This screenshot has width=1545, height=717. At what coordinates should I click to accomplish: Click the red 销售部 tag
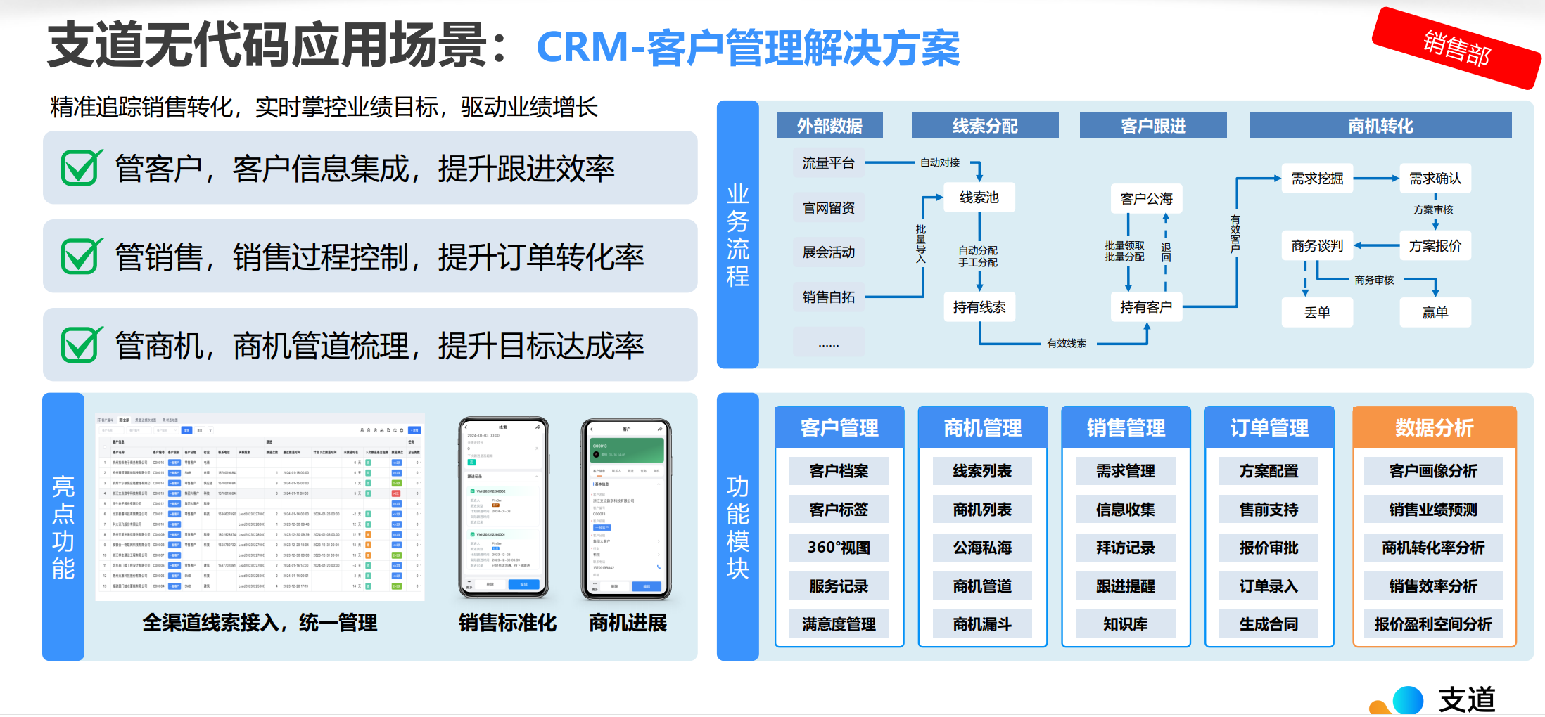(1456, 48)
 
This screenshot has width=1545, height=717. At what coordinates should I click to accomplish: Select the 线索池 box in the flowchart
(979, 198)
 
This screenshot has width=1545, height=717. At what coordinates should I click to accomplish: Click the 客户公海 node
(1146, 199)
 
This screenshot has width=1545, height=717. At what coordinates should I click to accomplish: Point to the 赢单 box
(1435, 313)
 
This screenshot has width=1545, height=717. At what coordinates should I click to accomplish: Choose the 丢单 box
(1317, 313)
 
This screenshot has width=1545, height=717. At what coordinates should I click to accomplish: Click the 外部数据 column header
(829, 126)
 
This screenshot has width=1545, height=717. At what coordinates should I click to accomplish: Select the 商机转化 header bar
(1380, 126)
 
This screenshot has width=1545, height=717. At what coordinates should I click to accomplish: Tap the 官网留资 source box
(828, 208)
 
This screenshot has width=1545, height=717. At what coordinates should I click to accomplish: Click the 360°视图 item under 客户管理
(839, 548)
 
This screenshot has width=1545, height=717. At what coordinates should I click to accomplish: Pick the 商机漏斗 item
(982, 624)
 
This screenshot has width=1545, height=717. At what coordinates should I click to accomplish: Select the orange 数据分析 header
(1434, 427)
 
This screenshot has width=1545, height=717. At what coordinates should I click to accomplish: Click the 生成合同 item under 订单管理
(1269, 624)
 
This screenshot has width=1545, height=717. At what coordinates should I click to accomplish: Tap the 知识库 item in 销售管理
(1125, 624)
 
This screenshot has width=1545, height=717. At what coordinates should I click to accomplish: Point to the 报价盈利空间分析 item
(1433, 624)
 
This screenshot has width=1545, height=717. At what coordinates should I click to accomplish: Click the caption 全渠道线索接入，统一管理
(260, 623)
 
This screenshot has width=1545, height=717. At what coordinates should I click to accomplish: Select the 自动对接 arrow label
(940, 163)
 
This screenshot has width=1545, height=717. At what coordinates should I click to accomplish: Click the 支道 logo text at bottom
(1466, 700)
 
